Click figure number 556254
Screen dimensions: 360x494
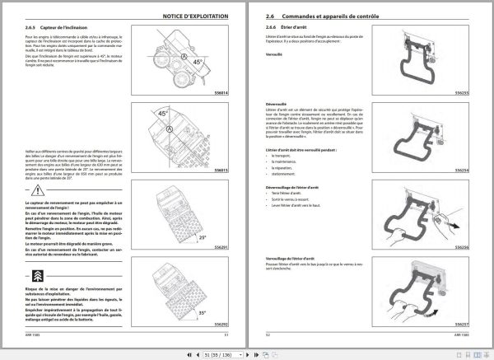click(461, 170)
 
